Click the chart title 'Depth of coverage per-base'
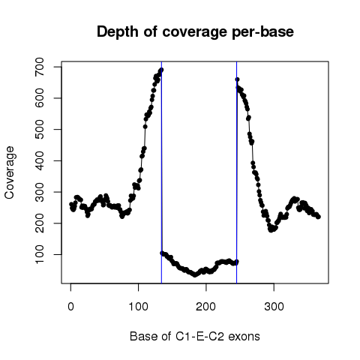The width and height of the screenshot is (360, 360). pos(195,32)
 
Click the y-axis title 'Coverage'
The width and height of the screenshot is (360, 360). pos(9,172)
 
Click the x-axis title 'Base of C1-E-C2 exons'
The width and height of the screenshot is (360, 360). pos(195,337)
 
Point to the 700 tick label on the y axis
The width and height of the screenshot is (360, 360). pos(40,67)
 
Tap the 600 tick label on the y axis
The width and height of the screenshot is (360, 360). pos(40,98)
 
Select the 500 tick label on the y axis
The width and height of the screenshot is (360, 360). pos(40,130)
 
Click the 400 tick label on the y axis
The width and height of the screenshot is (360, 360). pos(40,160)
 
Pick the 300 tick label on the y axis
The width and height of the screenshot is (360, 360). pos(40,192)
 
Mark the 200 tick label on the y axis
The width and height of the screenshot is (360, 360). pos(40,223)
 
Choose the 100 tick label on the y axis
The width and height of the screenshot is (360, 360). pos(40,254)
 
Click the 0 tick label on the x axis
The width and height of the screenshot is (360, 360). pos(70,307)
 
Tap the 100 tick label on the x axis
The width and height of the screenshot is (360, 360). pos(138,307)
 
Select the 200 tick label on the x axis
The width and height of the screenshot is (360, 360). pos(206,307)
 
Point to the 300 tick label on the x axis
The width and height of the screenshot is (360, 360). pos(274,307)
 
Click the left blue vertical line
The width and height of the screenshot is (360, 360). pos(161,172)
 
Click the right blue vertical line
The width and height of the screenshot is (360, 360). pos(236,172)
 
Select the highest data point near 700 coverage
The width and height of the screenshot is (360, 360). pos(161,70)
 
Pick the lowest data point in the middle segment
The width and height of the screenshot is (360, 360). pos(195,274)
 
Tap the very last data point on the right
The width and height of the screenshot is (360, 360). pos(318,217)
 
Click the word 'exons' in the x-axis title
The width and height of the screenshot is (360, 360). pos(244,337)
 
